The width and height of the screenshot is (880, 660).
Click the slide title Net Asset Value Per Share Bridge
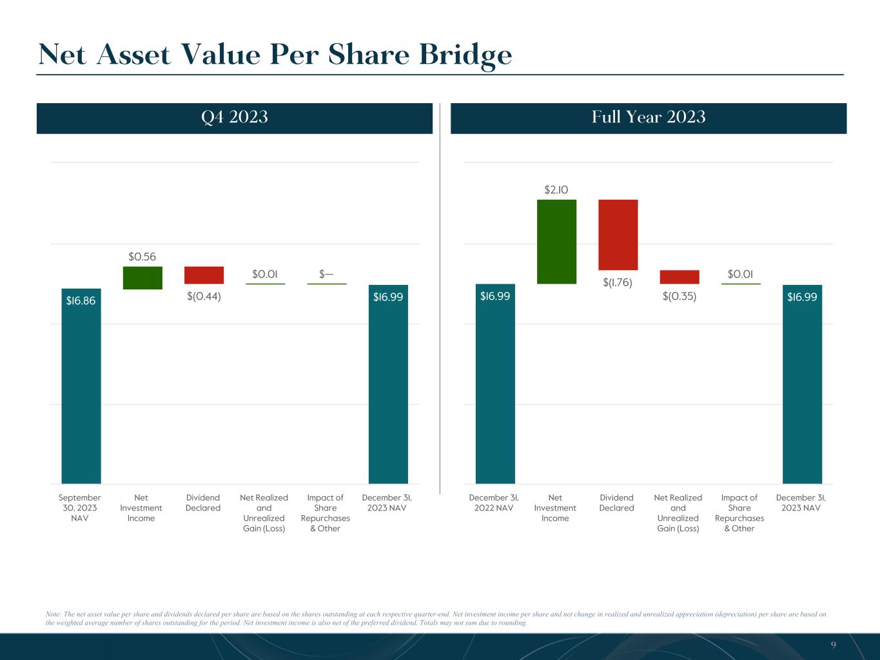(275, 55)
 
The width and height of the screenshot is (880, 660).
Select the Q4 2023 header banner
(234, 118)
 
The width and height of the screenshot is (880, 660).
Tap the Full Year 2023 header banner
(648, 118)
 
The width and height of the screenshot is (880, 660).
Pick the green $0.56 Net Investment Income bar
(142, 278)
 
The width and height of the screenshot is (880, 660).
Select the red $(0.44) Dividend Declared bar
(204, 275)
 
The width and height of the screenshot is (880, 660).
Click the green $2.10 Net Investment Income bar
(556, 242)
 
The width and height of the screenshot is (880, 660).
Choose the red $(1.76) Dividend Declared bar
(618, 235)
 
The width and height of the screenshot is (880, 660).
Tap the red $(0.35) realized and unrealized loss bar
(679, 277)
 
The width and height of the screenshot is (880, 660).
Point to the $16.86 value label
(81, 300)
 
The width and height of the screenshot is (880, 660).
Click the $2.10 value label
(556, 189)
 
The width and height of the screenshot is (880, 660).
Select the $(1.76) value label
(618, 282)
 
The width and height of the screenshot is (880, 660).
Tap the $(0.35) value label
(679, 296)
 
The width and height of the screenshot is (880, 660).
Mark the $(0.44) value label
(204, 296)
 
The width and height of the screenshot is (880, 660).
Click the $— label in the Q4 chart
(326, 274)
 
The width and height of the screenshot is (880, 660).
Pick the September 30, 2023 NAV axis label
(80, 508)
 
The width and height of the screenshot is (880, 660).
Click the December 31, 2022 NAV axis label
(494, 503)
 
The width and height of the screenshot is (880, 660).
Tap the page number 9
(833, 645)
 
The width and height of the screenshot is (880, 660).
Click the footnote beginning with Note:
(436, 619)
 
